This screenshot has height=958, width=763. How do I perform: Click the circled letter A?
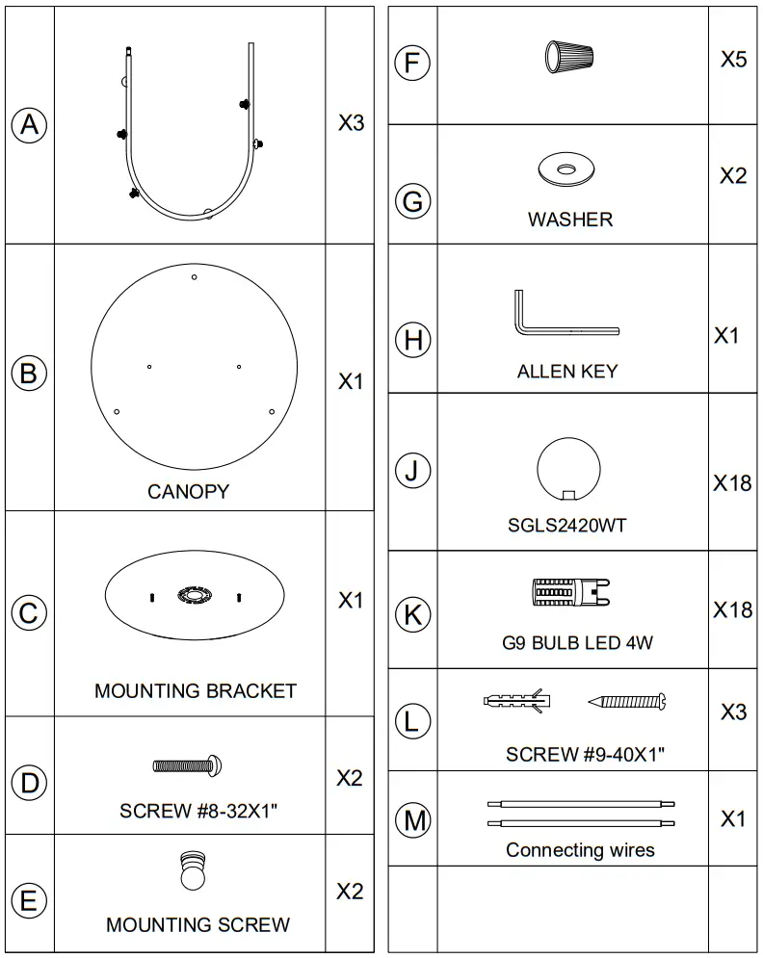coord(29,124)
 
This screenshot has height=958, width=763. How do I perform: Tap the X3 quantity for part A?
coord(351,124)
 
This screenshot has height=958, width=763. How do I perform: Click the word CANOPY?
coord(188,491)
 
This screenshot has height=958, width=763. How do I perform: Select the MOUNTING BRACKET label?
coord(196,690)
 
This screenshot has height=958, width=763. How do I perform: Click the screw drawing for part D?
coord(189,765)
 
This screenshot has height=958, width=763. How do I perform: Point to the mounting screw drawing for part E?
coord(192,872)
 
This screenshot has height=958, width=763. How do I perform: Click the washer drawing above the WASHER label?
coord(566,170)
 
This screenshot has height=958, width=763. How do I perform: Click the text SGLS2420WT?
coord(567,526)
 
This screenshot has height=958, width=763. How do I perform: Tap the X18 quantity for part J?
coord(732,482)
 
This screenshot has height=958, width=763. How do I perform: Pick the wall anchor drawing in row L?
coord(515,701)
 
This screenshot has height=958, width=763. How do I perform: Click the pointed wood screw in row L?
coord(627,702)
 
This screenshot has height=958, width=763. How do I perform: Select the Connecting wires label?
coord(580,850)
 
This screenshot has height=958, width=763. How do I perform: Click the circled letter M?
coord(414,820)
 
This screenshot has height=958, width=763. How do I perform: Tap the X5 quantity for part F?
coord(733,60)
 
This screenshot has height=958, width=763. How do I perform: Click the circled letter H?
coord(413,340)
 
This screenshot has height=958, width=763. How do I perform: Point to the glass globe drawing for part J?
coord(568,469)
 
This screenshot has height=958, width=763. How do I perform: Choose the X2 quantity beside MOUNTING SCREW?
coord(350,892)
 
